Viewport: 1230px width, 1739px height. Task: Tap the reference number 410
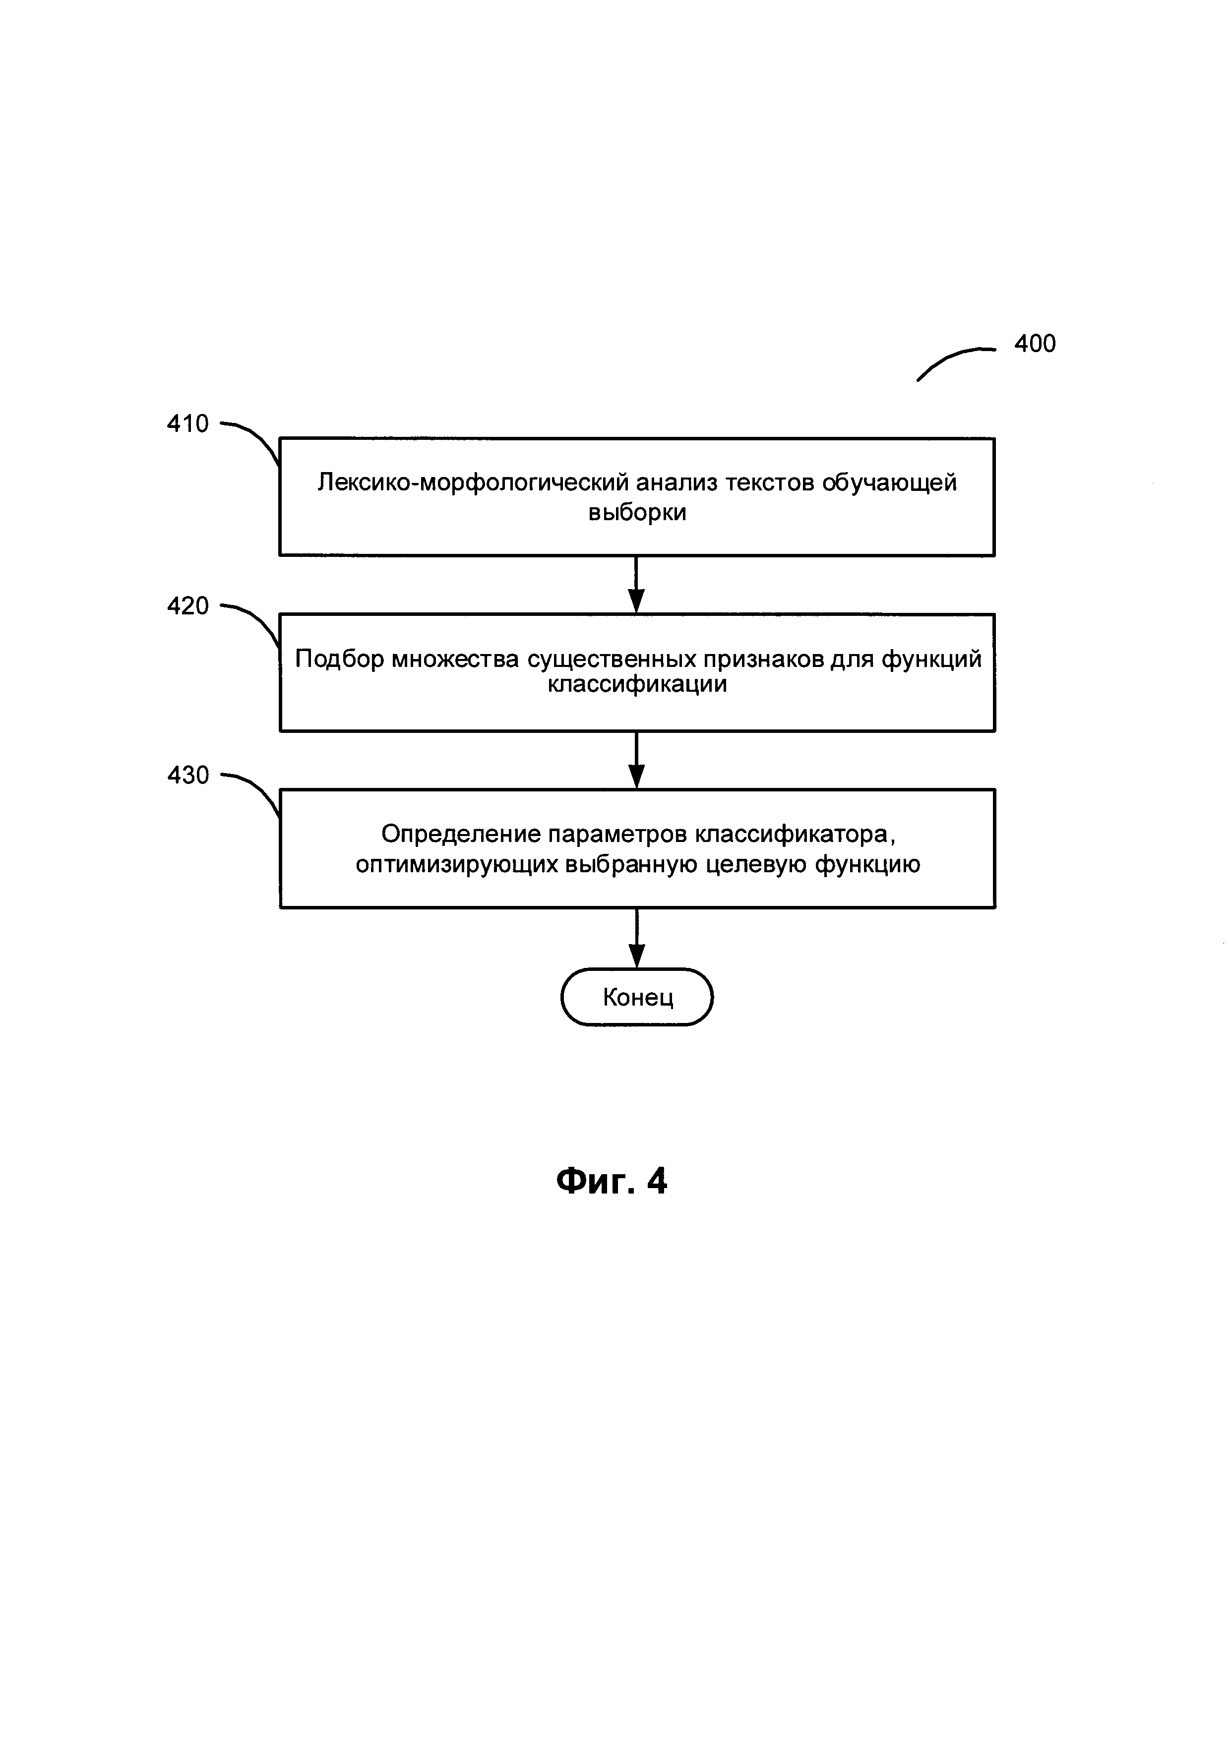pos(188,423)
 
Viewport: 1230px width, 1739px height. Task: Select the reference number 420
pos(188,606)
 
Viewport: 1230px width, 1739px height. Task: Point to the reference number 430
pos(188,775)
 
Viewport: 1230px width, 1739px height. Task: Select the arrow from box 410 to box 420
pos(637,584)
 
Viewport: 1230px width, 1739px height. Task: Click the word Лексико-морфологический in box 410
pos(473,482)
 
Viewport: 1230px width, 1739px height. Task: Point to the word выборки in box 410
pos(638,513)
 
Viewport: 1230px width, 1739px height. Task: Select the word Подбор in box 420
pos(339,659)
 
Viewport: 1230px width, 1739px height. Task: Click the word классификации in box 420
pos(638,685)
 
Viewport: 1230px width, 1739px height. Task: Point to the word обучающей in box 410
pos(889,482)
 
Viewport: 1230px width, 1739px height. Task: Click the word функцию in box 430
pos(867,864)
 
